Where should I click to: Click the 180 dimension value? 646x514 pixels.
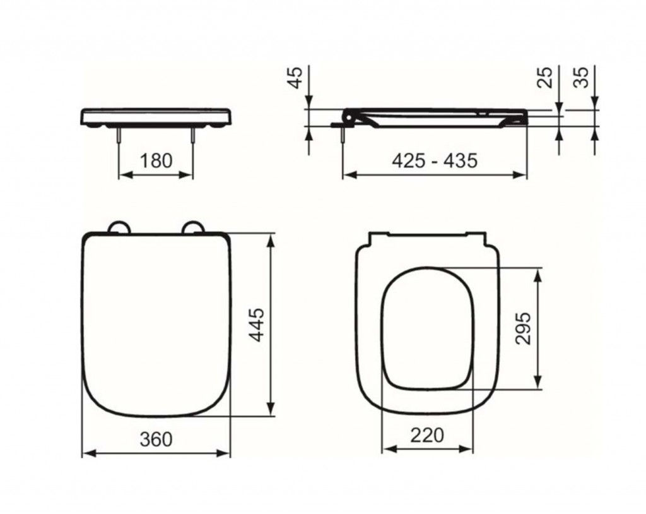click(155, 160)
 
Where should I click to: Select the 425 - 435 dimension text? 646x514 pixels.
click(435, 160)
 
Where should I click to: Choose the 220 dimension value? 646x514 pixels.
click(427, 435)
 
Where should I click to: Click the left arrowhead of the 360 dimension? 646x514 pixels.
click(89, 452)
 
